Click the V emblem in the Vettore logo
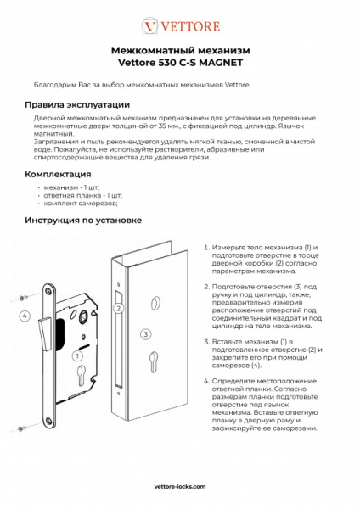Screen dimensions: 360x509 tap(149, 26)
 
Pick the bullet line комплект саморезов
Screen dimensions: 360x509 tap(81, 204)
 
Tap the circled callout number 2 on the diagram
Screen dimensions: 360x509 tap(120, 309)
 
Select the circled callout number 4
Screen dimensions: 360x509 tap(25, 316)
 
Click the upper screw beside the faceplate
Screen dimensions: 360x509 tap(21, 298)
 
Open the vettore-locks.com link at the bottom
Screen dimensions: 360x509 tap(179, 488)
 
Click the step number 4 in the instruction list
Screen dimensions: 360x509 tap(206, 383)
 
